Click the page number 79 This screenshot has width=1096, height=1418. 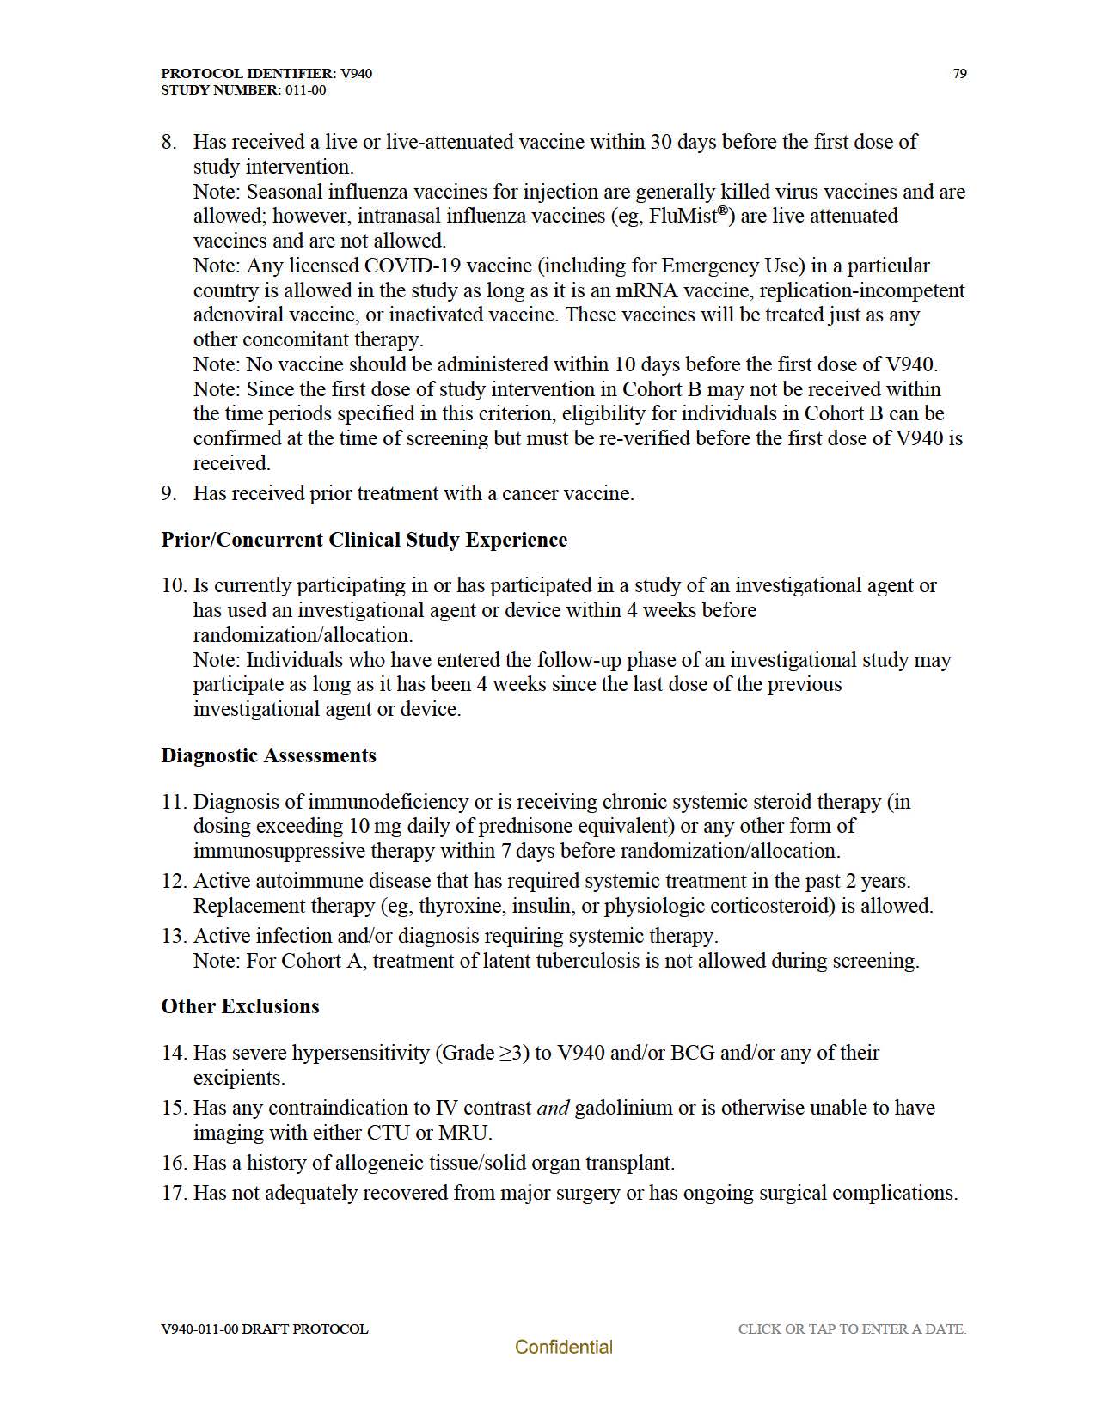coord(959,74)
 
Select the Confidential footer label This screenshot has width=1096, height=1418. coord(563,1348)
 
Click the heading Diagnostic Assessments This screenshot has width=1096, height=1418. coord(268,755)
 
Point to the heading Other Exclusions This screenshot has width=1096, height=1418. coord(240,1006)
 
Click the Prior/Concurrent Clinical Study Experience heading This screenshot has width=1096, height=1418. coord(364,540)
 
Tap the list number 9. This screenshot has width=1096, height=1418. coord(168,493)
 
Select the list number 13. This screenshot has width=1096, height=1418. coord(174,936)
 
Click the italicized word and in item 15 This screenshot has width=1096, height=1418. coord(553,1108)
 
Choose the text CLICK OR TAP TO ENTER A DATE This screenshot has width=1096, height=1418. coord(852,1329)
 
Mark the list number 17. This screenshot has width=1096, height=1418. coord(174,1193)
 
